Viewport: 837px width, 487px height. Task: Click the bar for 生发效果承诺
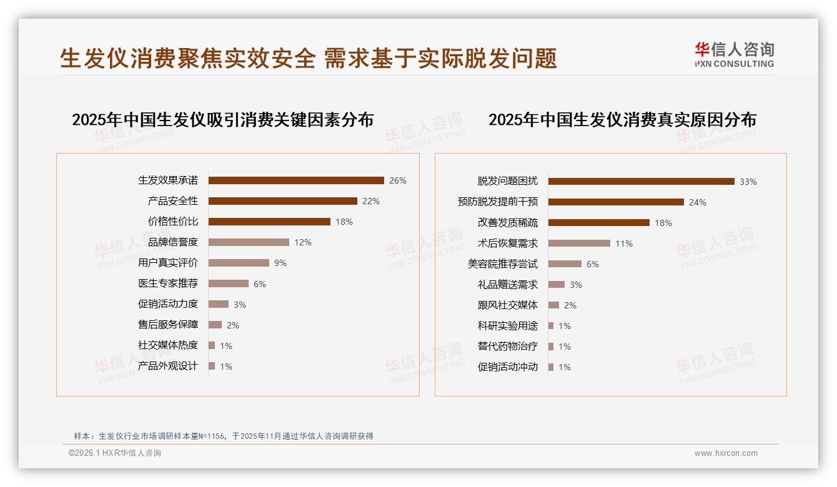[296, 180]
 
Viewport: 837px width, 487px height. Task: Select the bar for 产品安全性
[283, 201]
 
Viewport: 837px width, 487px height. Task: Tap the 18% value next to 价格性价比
[344, 222]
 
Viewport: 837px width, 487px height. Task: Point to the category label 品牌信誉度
[173, 242]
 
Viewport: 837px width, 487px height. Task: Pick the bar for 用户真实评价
[239, 263]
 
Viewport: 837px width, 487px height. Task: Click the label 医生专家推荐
[168, 283]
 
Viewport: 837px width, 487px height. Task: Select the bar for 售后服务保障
[215, 325]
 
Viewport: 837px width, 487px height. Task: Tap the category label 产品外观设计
[168, 366]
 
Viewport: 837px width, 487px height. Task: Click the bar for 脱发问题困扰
[641, 182]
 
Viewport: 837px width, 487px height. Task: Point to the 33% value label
[748, 182]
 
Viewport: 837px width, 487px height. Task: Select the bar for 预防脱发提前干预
[616, 202]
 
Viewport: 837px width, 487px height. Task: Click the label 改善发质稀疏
[508, 223]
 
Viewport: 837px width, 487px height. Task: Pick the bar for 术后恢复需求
[579, 243]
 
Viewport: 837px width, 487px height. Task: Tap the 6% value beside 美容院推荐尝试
[593, 264]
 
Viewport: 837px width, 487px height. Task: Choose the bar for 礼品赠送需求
[557, 285]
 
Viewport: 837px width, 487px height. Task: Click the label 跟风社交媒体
[508, 305]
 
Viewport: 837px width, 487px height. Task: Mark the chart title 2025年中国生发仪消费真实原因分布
[622, 120]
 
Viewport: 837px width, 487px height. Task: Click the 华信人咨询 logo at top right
[735, 54]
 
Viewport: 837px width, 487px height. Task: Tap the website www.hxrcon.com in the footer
[726, 453]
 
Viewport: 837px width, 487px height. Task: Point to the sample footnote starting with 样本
[224, 436]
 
